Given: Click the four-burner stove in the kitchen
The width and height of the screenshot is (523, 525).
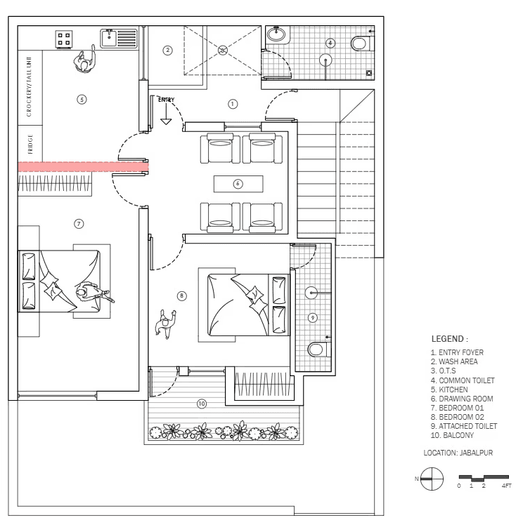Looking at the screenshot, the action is pyautogui.click(x=64, y=38).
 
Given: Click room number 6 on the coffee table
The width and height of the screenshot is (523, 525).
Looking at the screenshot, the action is pyautogui.click(x=238, y=183).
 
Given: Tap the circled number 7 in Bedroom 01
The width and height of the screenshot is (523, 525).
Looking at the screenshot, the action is pyautogui.click(x=79, y=224).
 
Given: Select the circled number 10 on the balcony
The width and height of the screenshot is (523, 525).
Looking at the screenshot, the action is pyautogui.click(x=202, y=404).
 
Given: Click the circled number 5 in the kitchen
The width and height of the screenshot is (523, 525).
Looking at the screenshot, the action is pyautogui.click(x=82, y=100).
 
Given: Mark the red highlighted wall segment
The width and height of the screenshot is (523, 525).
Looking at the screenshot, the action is pyautogui.click(x=82, y=166).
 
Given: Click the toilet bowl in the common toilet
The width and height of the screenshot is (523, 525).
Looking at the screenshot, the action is pyautogui.click(x=361, y=44).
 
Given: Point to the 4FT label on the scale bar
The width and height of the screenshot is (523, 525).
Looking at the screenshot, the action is pyautogui.click(x=506, y=486).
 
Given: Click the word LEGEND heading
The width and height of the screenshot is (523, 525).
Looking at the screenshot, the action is pyautogui.click(x=449, y=340).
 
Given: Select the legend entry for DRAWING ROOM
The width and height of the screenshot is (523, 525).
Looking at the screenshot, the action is pyautogui.click(x=461, y=399).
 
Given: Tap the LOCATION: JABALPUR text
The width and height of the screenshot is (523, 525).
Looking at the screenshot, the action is pyautogui.click(x=458, y=453).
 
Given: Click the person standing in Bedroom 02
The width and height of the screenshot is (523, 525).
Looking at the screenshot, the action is pyautogui.click(x=167, y=324).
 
